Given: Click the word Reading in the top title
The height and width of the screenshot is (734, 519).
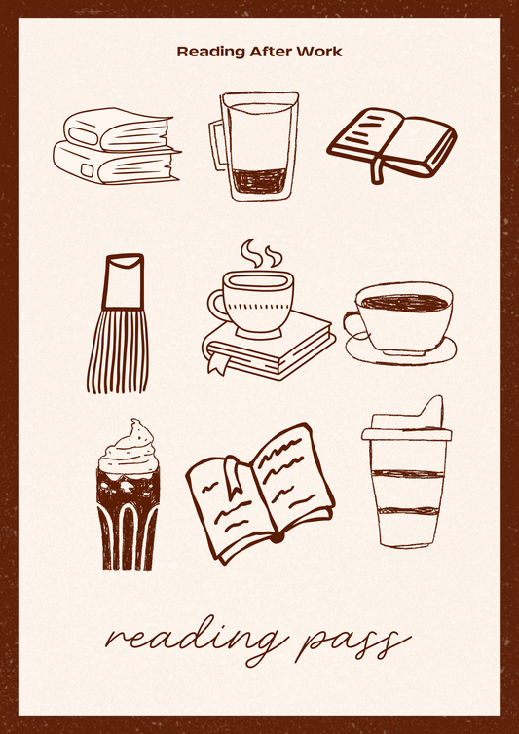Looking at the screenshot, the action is [210, 52].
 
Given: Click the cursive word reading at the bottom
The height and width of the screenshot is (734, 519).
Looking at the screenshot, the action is [196, 640].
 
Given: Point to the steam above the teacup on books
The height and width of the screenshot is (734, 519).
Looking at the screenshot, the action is [261, 253].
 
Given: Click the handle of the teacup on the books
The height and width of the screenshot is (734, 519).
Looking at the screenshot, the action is [216, 306].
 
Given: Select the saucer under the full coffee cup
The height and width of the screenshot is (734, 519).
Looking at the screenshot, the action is [400, 353].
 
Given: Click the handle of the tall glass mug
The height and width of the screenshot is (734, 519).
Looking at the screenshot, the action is [217, 145].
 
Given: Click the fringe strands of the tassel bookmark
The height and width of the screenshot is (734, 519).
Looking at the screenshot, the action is [118, 350].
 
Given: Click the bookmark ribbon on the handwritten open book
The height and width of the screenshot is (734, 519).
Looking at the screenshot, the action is [233, 476].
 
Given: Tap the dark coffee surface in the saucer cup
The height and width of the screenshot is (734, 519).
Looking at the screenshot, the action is [405, 304].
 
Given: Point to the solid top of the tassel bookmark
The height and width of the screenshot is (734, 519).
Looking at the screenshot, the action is [124, 280].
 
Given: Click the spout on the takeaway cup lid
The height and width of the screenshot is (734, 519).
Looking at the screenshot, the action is [433, 411].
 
